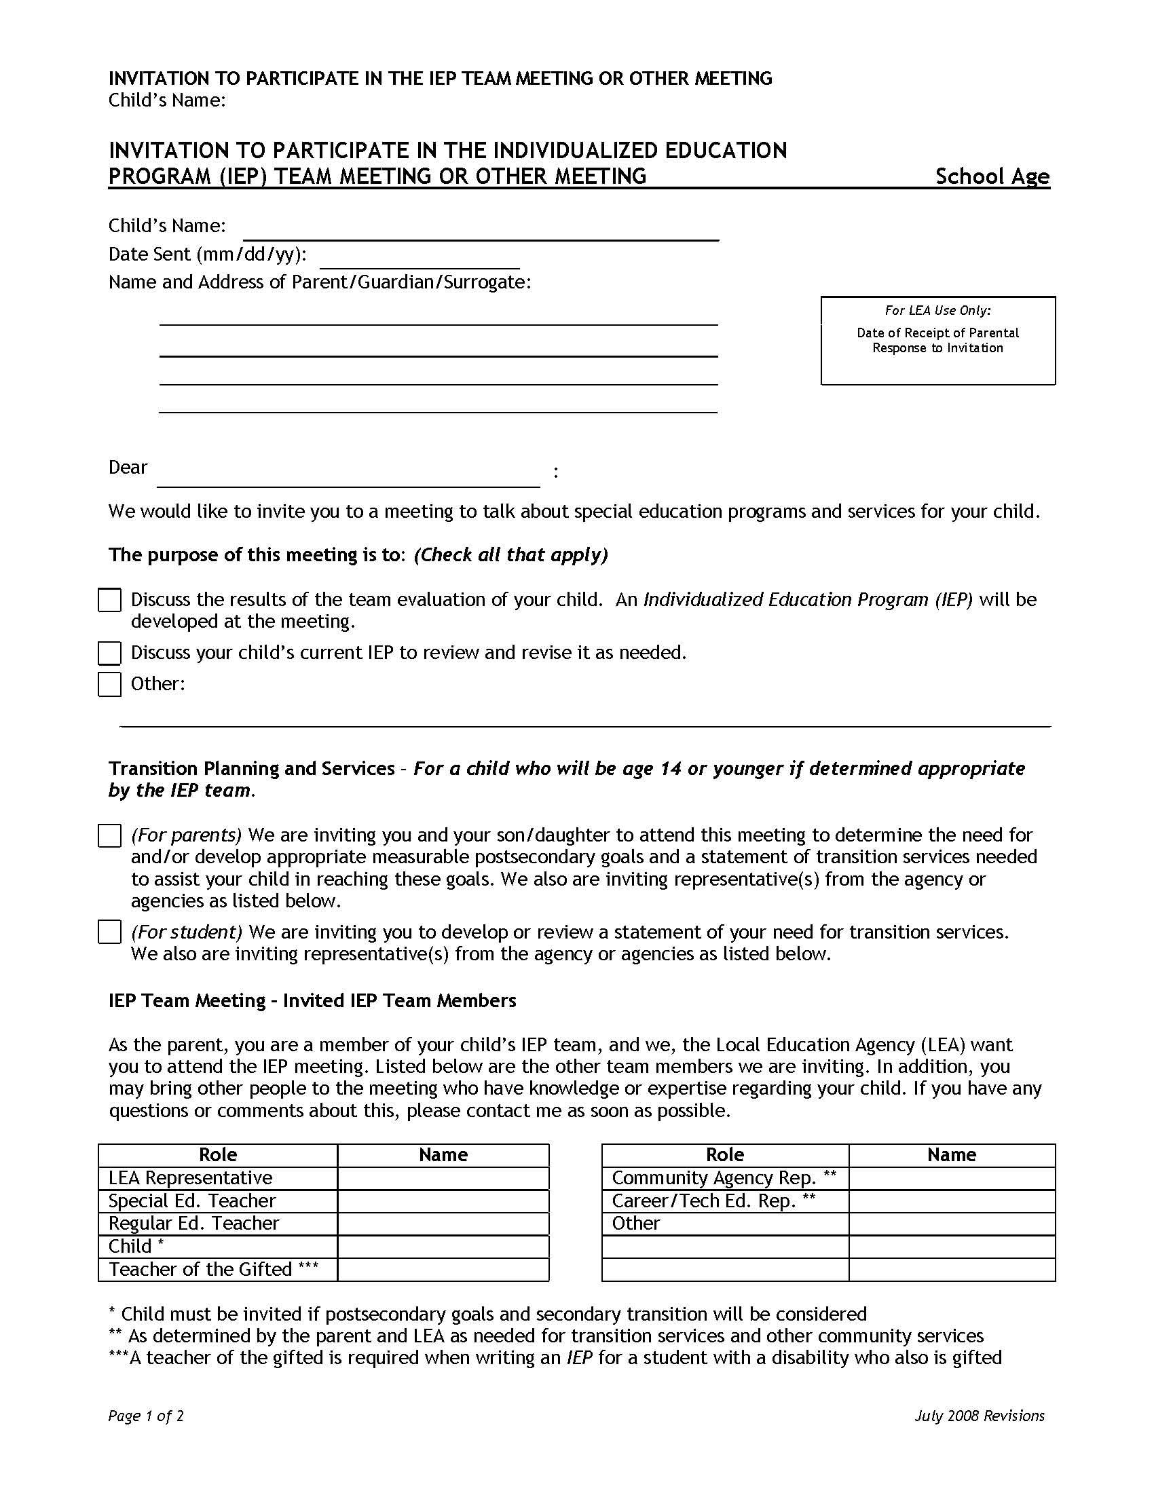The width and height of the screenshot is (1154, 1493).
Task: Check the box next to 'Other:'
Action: click(x=109, y=684)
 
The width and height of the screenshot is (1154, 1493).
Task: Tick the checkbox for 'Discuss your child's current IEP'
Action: click(x=109, y=653)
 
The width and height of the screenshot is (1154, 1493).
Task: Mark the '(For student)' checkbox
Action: click(x=109, y=932)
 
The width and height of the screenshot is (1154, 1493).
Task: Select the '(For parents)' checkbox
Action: click(x=109, y=835)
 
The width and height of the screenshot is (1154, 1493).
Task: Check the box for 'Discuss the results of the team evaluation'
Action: click(x=109, y=600)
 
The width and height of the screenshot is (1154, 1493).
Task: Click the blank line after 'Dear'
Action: click(x=348, y=476)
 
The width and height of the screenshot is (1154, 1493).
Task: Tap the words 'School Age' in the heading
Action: click(x=992, y=177)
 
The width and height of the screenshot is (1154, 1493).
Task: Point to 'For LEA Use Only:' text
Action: click(x=937, y=311)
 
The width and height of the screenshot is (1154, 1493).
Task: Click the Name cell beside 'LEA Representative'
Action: click(x=443, y=1178)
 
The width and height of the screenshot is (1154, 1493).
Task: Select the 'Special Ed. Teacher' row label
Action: click(x=192, y=1201)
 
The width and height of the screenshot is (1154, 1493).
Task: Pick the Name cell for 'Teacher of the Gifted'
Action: click(x=443, y=1270)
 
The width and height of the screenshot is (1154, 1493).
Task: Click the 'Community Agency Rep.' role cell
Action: click(x=724, y=1178)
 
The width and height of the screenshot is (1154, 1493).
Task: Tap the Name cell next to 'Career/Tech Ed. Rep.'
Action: click(x=952, y=1201)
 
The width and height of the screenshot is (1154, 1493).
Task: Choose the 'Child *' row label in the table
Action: click(x=136, y=1246)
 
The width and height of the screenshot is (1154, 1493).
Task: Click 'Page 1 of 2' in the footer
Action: click(x=146, y=1416)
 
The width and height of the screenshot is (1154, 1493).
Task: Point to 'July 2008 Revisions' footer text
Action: click(x=979, y=1416)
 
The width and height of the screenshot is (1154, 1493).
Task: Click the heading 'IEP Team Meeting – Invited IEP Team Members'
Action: click(x=312, y=1001)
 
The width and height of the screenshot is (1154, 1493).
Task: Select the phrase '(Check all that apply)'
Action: click(x=510, y=554)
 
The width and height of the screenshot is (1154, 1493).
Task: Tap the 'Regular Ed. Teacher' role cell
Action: click(x=194, y=1223)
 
